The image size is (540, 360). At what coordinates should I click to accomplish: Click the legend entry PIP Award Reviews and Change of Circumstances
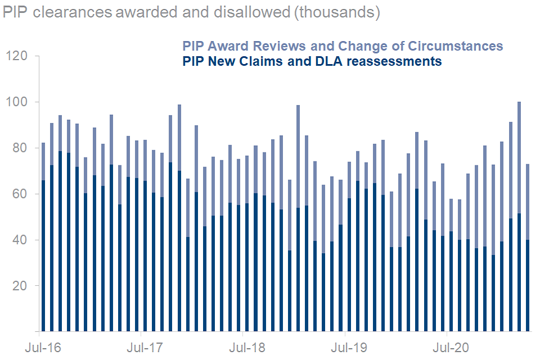[x=342, y=46]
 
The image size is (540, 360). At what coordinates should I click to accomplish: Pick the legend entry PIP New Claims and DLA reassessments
[x=312, y=61]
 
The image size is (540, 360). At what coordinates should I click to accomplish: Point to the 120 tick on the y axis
[x=16, y=56]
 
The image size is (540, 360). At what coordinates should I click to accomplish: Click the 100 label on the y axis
[x=16, y=102]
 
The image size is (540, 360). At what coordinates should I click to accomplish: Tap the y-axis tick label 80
[x=20, y=148]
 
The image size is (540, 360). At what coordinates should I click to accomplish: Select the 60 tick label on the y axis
[x=20, y=194]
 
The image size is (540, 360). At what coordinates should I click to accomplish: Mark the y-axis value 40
[x=20, y=240]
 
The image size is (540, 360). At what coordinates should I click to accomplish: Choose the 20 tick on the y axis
[x=20, y=286]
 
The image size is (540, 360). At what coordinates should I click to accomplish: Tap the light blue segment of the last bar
[x=527, y=202]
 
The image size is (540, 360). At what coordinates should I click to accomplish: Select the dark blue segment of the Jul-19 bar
[x=349, y=264]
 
